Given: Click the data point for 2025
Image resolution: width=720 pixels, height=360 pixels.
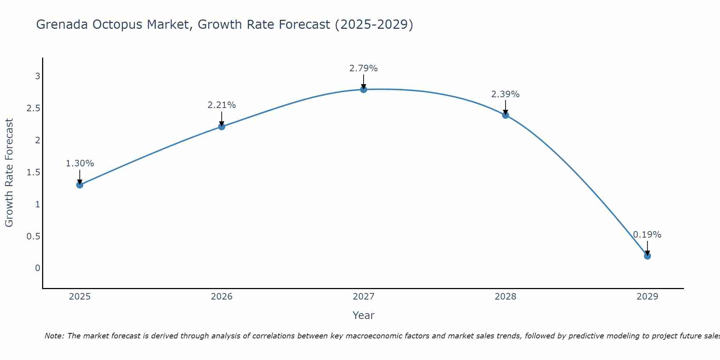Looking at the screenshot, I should [x=80, y=185].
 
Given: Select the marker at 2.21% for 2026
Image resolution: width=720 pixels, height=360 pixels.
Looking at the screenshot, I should [x=222, y=127].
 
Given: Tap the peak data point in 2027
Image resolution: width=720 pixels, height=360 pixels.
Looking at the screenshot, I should [x=364, y=89].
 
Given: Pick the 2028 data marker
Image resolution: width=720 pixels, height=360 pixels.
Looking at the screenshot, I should [x=505, y=115].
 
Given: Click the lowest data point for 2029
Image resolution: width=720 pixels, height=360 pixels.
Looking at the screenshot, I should [x=647, y=256].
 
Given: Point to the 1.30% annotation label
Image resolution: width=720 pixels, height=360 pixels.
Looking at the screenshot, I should [x=80, y=163].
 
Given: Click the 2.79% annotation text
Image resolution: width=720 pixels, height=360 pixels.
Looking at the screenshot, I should [x=364, y=68].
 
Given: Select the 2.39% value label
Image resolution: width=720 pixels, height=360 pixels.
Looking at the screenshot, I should [x=505, y=94].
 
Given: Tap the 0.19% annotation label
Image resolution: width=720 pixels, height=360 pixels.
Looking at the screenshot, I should [x=647, y=235].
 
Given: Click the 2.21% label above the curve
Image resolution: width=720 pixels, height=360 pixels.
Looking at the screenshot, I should [x=222, y=105].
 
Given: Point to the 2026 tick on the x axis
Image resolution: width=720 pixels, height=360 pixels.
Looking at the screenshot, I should [x=222, y=297].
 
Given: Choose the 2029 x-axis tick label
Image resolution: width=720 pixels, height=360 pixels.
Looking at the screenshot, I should [x=647, y=297].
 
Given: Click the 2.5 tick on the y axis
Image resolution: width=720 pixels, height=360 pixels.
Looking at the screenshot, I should [x=33, y=108].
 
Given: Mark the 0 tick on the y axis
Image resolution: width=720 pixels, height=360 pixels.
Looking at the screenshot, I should [x=37, y=268].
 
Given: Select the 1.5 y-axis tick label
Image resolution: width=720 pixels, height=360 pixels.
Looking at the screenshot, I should [x=33, y=172].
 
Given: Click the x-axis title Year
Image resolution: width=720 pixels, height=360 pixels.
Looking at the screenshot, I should [x=364, y=315].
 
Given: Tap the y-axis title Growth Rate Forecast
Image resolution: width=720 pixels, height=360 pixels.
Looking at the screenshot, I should [x=9, y=173].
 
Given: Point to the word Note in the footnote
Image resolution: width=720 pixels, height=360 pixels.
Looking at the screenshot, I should [x=54, y=336].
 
